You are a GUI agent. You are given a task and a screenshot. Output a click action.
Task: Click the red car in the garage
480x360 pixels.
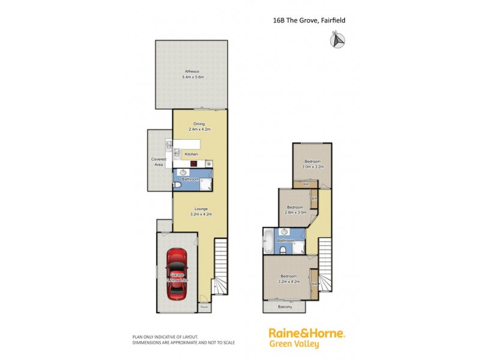(176, 274)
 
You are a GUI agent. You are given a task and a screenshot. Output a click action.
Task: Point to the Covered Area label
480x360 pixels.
(158, 161)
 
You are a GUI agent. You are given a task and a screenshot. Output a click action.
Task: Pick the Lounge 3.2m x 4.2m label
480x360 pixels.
(200, 211)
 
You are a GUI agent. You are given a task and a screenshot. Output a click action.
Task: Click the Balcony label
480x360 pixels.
(286, 307)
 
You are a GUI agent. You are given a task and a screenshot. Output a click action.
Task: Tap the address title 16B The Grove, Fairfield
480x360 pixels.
(309, 20)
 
